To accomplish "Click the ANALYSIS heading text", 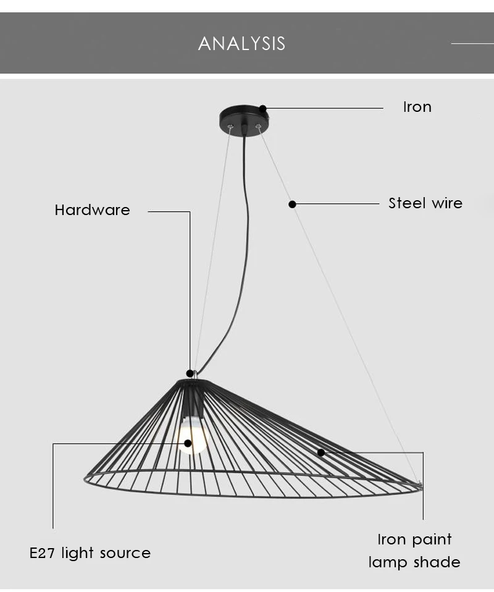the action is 241,43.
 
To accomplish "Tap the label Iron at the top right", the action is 417,108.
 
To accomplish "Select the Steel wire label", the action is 425,203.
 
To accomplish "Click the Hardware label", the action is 92,210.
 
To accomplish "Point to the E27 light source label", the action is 90,553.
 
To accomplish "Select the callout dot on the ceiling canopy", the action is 263,109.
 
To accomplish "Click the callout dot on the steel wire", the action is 292,205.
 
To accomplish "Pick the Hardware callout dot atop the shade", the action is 190,374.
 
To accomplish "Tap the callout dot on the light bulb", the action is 188,443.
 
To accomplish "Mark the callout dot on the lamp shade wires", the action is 320,452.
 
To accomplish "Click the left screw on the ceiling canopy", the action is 230,127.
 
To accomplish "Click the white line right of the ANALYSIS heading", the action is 472,44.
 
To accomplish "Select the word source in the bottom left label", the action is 125,554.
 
